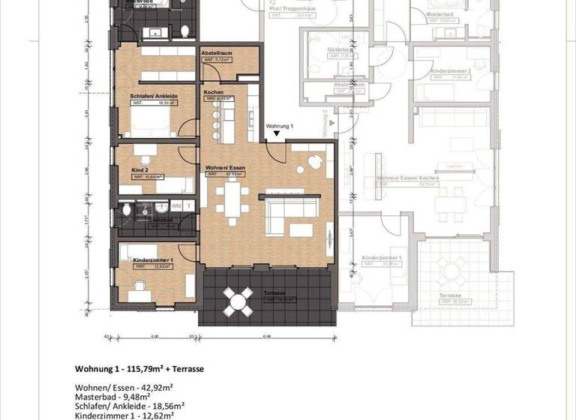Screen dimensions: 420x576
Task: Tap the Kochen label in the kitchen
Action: point(214,92)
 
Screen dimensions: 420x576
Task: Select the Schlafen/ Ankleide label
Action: point(153,97)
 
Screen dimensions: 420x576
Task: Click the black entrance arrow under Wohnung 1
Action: point(277,134)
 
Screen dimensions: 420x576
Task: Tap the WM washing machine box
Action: point(177,205)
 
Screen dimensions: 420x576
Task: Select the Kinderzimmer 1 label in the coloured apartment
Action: point(153,259)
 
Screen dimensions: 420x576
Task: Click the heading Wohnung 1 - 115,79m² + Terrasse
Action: point(139,369)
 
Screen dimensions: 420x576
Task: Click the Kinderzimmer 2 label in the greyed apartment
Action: point(451,70)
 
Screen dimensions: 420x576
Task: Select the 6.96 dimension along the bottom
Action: point(267,337)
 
